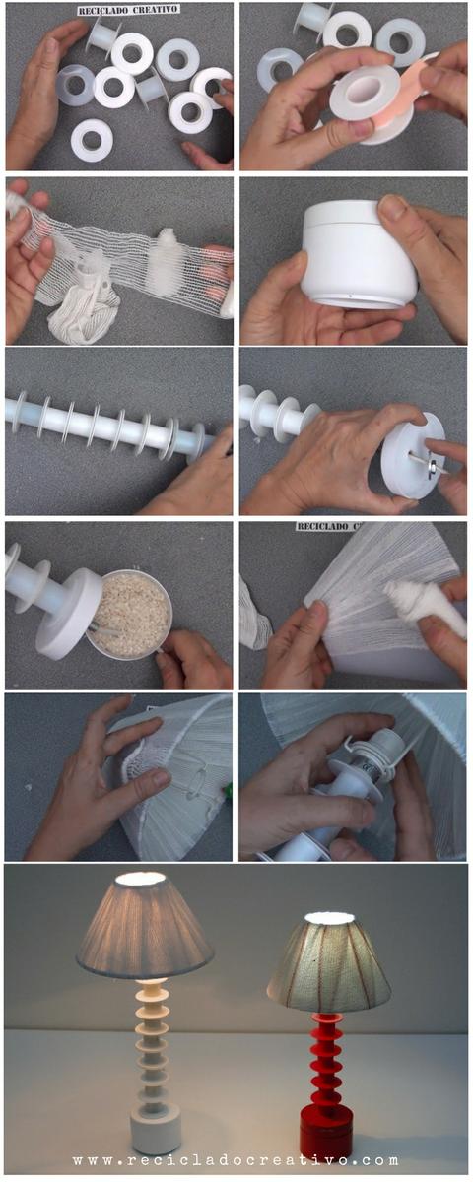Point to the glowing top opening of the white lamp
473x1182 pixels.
pyautogui.click(x=144, y=878)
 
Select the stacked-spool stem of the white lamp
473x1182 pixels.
pyautogui.click(x=153, y=1039)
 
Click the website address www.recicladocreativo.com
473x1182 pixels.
pyautogui.click(x=236, y=1160)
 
